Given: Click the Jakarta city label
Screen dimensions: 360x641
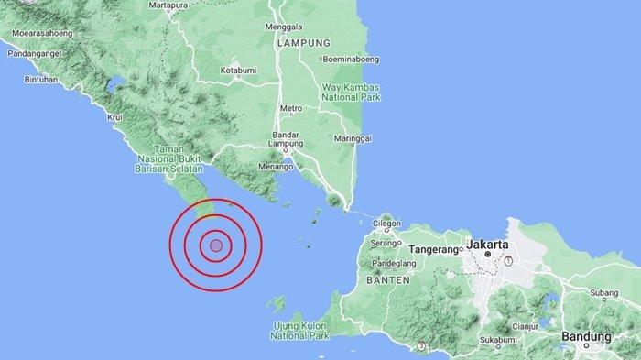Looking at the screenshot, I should point(488,245).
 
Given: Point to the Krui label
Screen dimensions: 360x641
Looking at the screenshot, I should point(115,118).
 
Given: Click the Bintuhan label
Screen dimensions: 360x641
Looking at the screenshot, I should point(25,80).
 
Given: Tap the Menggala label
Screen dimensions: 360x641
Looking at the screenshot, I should point(283,27).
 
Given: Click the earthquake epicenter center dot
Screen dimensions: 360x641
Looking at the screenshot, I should point(215,245).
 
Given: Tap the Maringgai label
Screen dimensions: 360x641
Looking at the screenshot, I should point(353,138).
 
